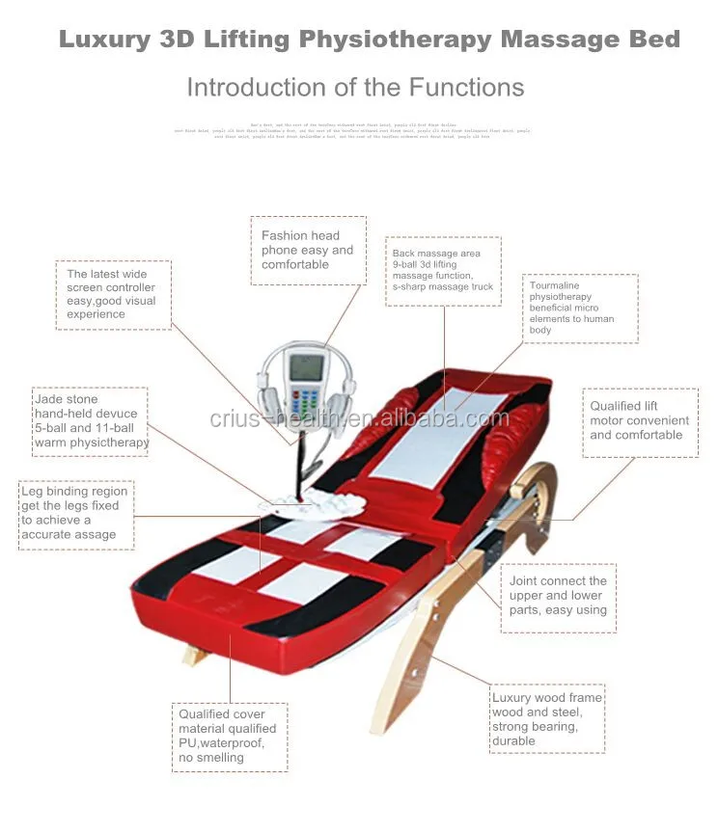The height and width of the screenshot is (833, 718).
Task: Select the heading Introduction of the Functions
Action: click(x=355, y=88)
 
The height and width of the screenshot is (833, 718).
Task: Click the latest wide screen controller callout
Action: click(x=112, y=294)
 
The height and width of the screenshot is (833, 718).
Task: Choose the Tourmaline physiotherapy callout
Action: click(x=580, y=308)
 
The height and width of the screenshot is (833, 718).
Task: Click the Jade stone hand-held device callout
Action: click(x=90, y=421)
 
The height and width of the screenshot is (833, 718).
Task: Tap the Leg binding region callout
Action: click(x=76, y=513)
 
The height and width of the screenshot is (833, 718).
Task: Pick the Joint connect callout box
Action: click(x=557, y=596)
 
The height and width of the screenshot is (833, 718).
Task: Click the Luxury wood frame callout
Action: click(x=547, y=719)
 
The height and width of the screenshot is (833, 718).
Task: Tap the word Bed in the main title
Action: click(x=655, y=40)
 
